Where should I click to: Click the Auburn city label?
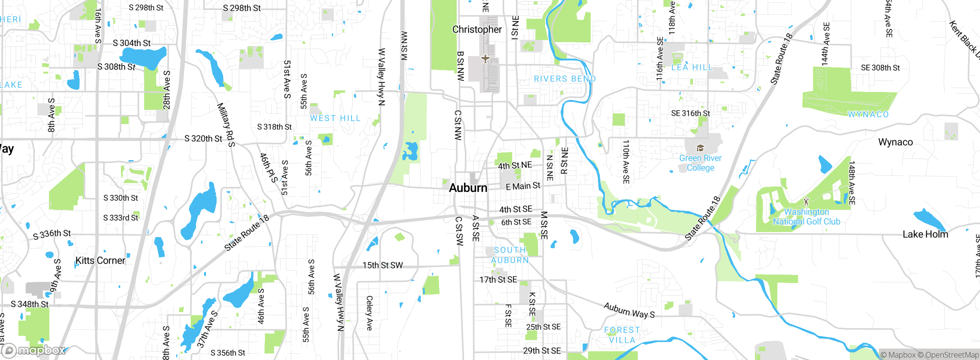click(468, 188)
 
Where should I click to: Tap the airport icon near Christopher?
click(485, 59)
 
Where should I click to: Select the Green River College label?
click(700, 163)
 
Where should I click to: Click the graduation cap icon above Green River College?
click(700, 148)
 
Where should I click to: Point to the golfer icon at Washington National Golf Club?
click(806, 201)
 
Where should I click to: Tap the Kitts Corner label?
click(100, 261)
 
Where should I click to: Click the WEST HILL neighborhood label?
click(335, 118)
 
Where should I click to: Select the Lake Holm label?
click(925, 234)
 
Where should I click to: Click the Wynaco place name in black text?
click(895, 142)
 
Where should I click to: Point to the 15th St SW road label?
click(382, 265)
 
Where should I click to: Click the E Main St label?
click(523, 187)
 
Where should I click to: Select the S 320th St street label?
click(203, 139)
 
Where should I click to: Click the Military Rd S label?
click(226, 125)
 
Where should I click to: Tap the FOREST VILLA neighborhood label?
click(622, 335)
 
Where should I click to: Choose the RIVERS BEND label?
click(565, 79)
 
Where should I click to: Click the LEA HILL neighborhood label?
click(692, 68)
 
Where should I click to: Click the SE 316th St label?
click(690, 113)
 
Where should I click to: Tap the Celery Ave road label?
click(369, 313)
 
